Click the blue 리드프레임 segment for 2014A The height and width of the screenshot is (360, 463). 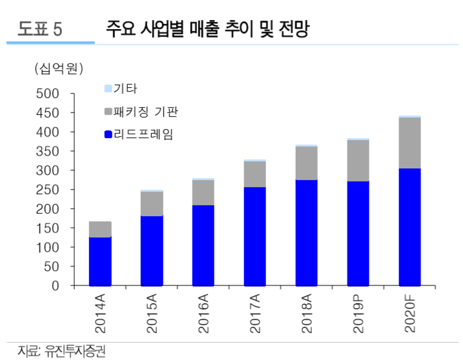[x=100, y=261]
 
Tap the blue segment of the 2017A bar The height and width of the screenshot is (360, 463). [x=254, y=236]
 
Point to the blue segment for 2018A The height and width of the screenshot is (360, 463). [x=306, y=232]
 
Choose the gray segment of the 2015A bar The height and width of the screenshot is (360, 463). [x=152, y=204]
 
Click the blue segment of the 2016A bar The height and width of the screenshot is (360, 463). [x=203, y=245]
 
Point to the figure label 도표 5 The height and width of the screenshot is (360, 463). [x=40, y=29]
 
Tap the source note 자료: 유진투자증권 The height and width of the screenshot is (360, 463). [x=61, y=351]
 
